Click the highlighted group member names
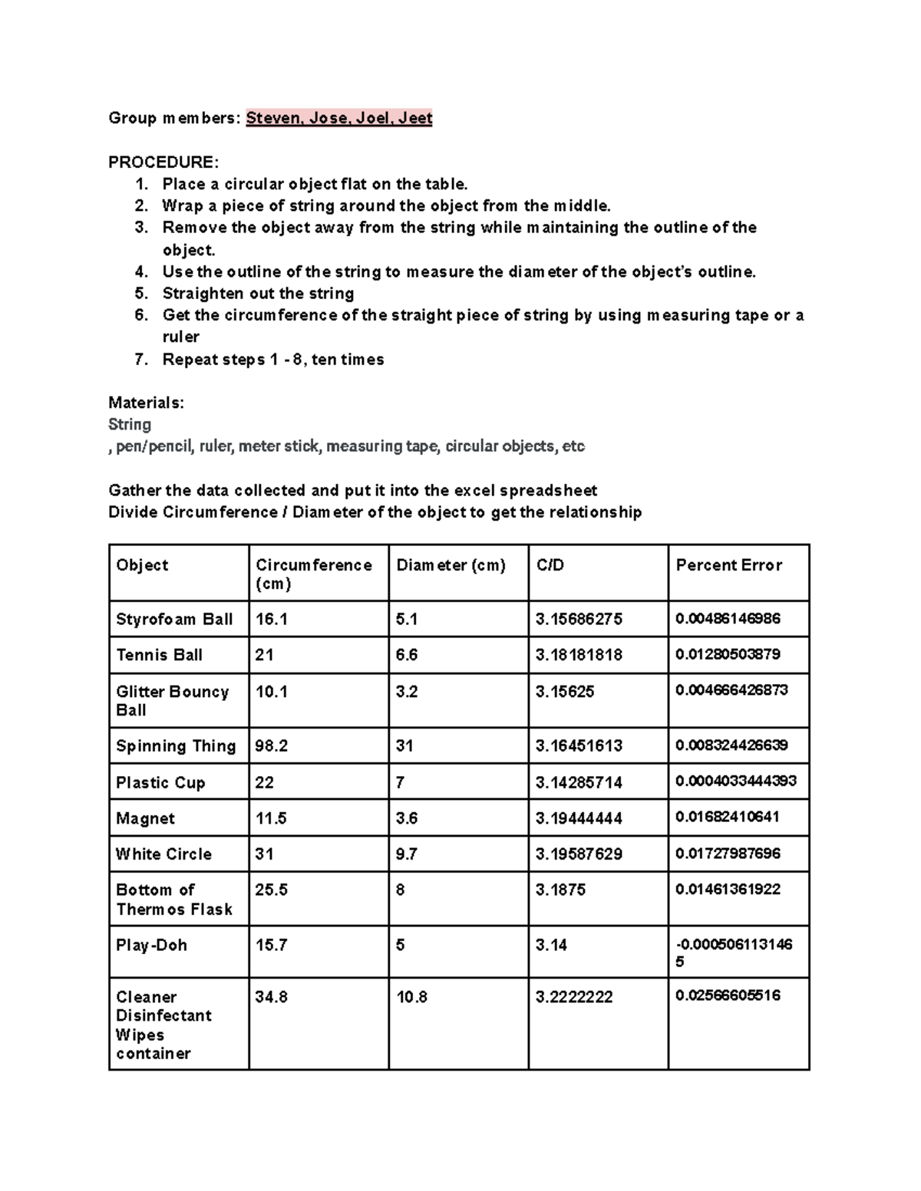click(338, 118)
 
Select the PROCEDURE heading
click(163, 163)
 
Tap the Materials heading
click(146, 403)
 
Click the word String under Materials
click(130, 424)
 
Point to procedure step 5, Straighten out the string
click(258, 294)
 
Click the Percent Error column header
click(728, 565)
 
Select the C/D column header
click(550, 565)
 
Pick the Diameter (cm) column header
click(451, 565)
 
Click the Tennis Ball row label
click(159, 655)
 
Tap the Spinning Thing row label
click(175, 746)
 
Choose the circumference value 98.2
click(272, 746)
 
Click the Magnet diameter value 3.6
click(407, 818)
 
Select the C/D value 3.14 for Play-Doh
click(551, 945)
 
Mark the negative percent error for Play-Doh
click(733, 952)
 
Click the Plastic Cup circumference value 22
click(265, 782)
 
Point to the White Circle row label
click(163, 854)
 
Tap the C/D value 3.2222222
click(574, 997)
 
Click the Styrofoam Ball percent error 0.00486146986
click(728, 619)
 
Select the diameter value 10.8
click(411, 997)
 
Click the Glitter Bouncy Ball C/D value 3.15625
click(564, 692)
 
